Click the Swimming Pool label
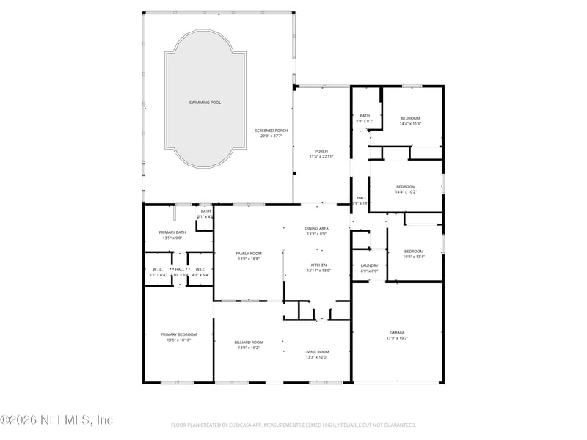point(205,102)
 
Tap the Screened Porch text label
point(271,131)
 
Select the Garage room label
point(397,333)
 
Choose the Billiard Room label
point(249,342)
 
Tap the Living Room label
point(317,352)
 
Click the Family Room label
point(249,253)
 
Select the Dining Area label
point(317,229)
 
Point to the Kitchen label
point(318,265)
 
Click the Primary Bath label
point(172,232)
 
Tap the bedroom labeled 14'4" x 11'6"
point(410,118)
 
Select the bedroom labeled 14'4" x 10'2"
point(406,186)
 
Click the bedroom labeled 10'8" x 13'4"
point(414,252)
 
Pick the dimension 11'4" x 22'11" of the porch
point(321,156)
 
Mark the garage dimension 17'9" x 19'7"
point(397,339)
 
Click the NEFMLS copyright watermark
point(56,420)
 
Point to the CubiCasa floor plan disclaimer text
point(293,425)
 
